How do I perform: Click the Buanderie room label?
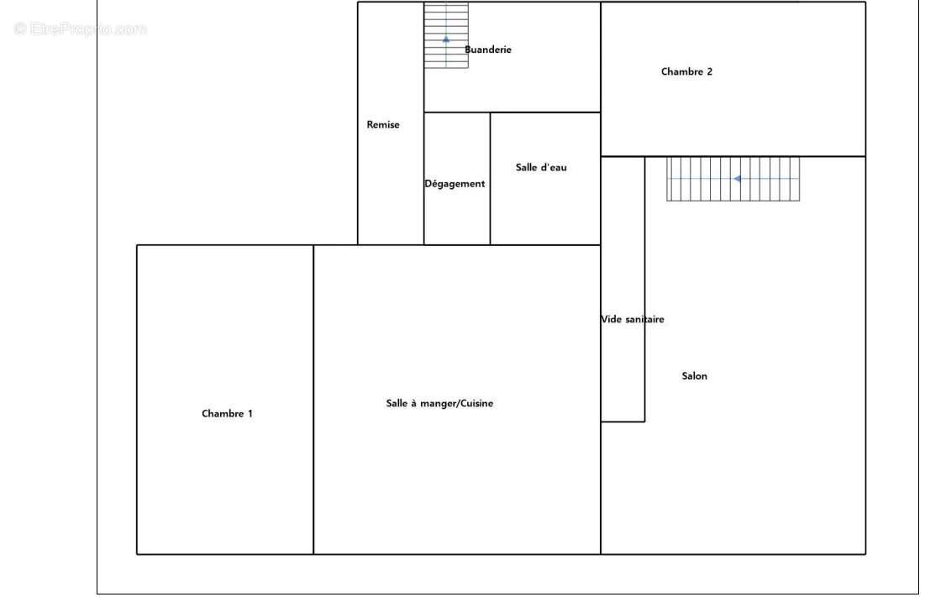tap(487, 50)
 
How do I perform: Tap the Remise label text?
tap(383, 125)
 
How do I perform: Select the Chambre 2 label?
tap(686, 71)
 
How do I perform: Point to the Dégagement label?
tap(455, 184)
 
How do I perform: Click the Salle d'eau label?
tap(541, 168)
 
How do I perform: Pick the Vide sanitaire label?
tap(633, 320)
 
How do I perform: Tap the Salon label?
tap(695, 376)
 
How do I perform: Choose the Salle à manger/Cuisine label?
tap(440, 403)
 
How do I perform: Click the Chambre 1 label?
tap(227, 414)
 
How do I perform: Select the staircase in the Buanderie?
tap(446, 35)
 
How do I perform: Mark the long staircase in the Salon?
tap(733, 179)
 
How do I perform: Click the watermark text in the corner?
tap(81, 29)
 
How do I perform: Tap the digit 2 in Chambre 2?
tap(709, 71)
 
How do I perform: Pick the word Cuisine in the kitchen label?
tap(477, 403)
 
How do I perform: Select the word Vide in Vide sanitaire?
tap(611, 320)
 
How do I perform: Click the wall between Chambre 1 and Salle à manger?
tap(313, 399)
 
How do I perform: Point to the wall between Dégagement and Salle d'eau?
tap(490, 179)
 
